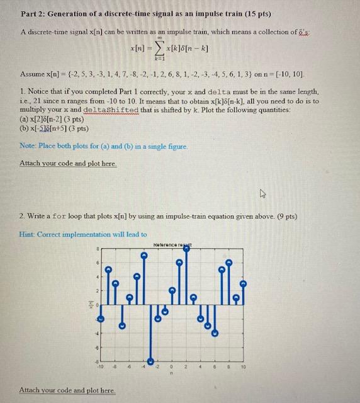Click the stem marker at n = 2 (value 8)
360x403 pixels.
186,249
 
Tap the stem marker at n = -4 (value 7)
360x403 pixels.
143,256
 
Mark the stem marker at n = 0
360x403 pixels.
172,290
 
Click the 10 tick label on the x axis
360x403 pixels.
243,366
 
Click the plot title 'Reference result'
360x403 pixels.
172,243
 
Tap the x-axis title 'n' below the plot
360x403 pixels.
172,372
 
